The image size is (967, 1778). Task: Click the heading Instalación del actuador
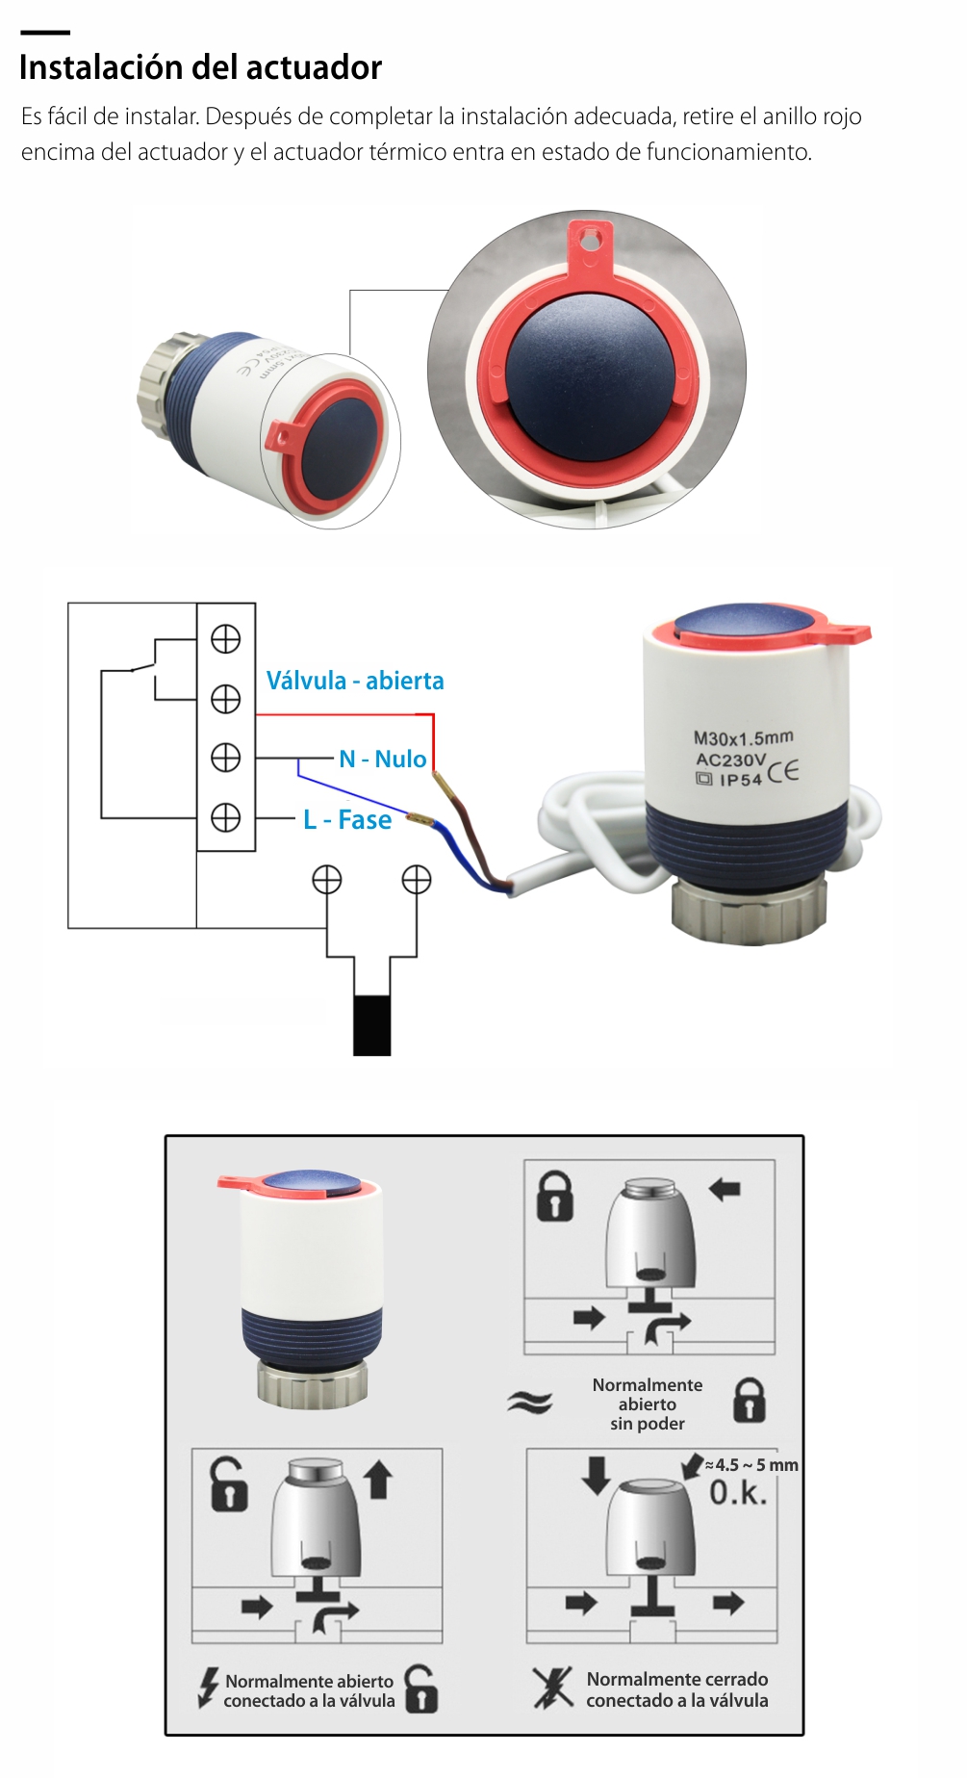pos(200,67)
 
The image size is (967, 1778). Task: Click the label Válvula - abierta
pos(355,681)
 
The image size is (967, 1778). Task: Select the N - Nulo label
pos(382,759)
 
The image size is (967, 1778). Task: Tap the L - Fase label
pos(347,819)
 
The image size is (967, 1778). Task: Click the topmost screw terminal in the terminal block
pos(225,639)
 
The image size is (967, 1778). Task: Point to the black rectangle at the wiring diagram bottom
pos(371,1025)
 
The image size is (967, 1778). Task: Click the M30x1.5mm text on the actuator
pos(743,737)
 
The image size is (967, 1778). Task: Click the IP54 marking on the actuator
pos(740,780)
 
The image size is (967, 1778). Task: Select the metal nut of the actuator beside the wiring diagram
pos(749,909)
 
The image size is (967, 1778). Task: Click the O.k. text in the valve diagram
pos(738,1493)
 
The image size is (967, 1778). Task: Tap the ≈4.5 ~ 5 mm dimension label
pos(751,1465)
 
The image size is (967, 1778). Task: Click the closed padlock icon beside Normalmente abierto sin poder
pos(750,1400)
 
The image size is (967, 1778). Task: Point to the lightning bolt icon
pos(208,1688)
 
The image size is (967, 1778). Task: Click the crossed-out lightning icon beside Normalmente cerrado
pos(552,1688)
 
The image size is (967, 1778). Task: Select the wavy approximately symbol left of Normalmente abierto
pos(530,1402)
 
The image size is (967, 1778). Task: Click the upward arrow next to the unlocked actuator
pos(378,1480)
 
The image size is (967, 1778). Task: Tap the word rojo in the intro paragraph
pos(842,116)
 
